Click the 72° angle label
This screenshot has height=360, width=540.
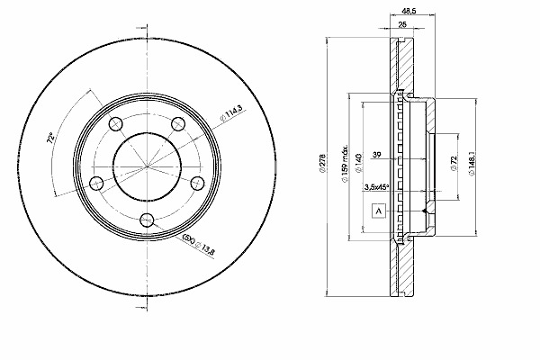coord(51,138)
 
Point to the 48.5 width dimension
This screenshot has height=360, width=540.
coord(407,13)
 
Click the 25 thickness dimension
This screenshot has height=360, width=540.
coord(400,24)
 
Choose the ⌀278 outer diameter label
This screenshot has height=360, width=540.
coord(323,162)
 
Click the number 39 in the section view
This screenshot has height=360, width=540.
coord(377,157)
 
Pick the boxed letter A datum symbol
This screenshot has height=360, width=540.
coord(378,212)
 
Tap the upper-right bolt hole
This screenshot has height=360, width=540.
coord(177,123)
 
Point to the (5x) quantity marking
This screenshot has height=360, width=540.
coord(189,238)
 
